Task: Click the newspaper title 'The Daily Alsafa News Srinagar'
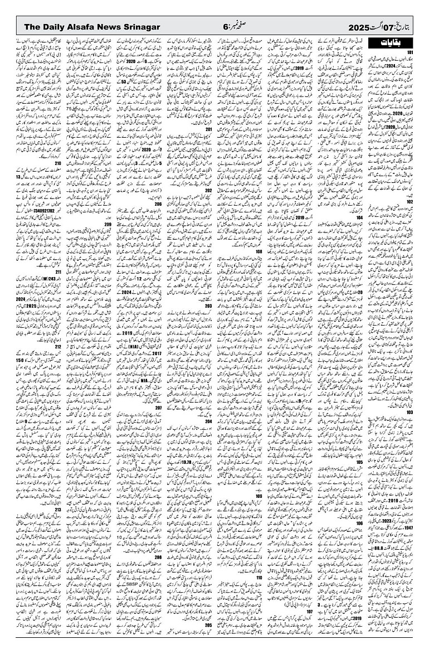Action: point(92,27)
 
